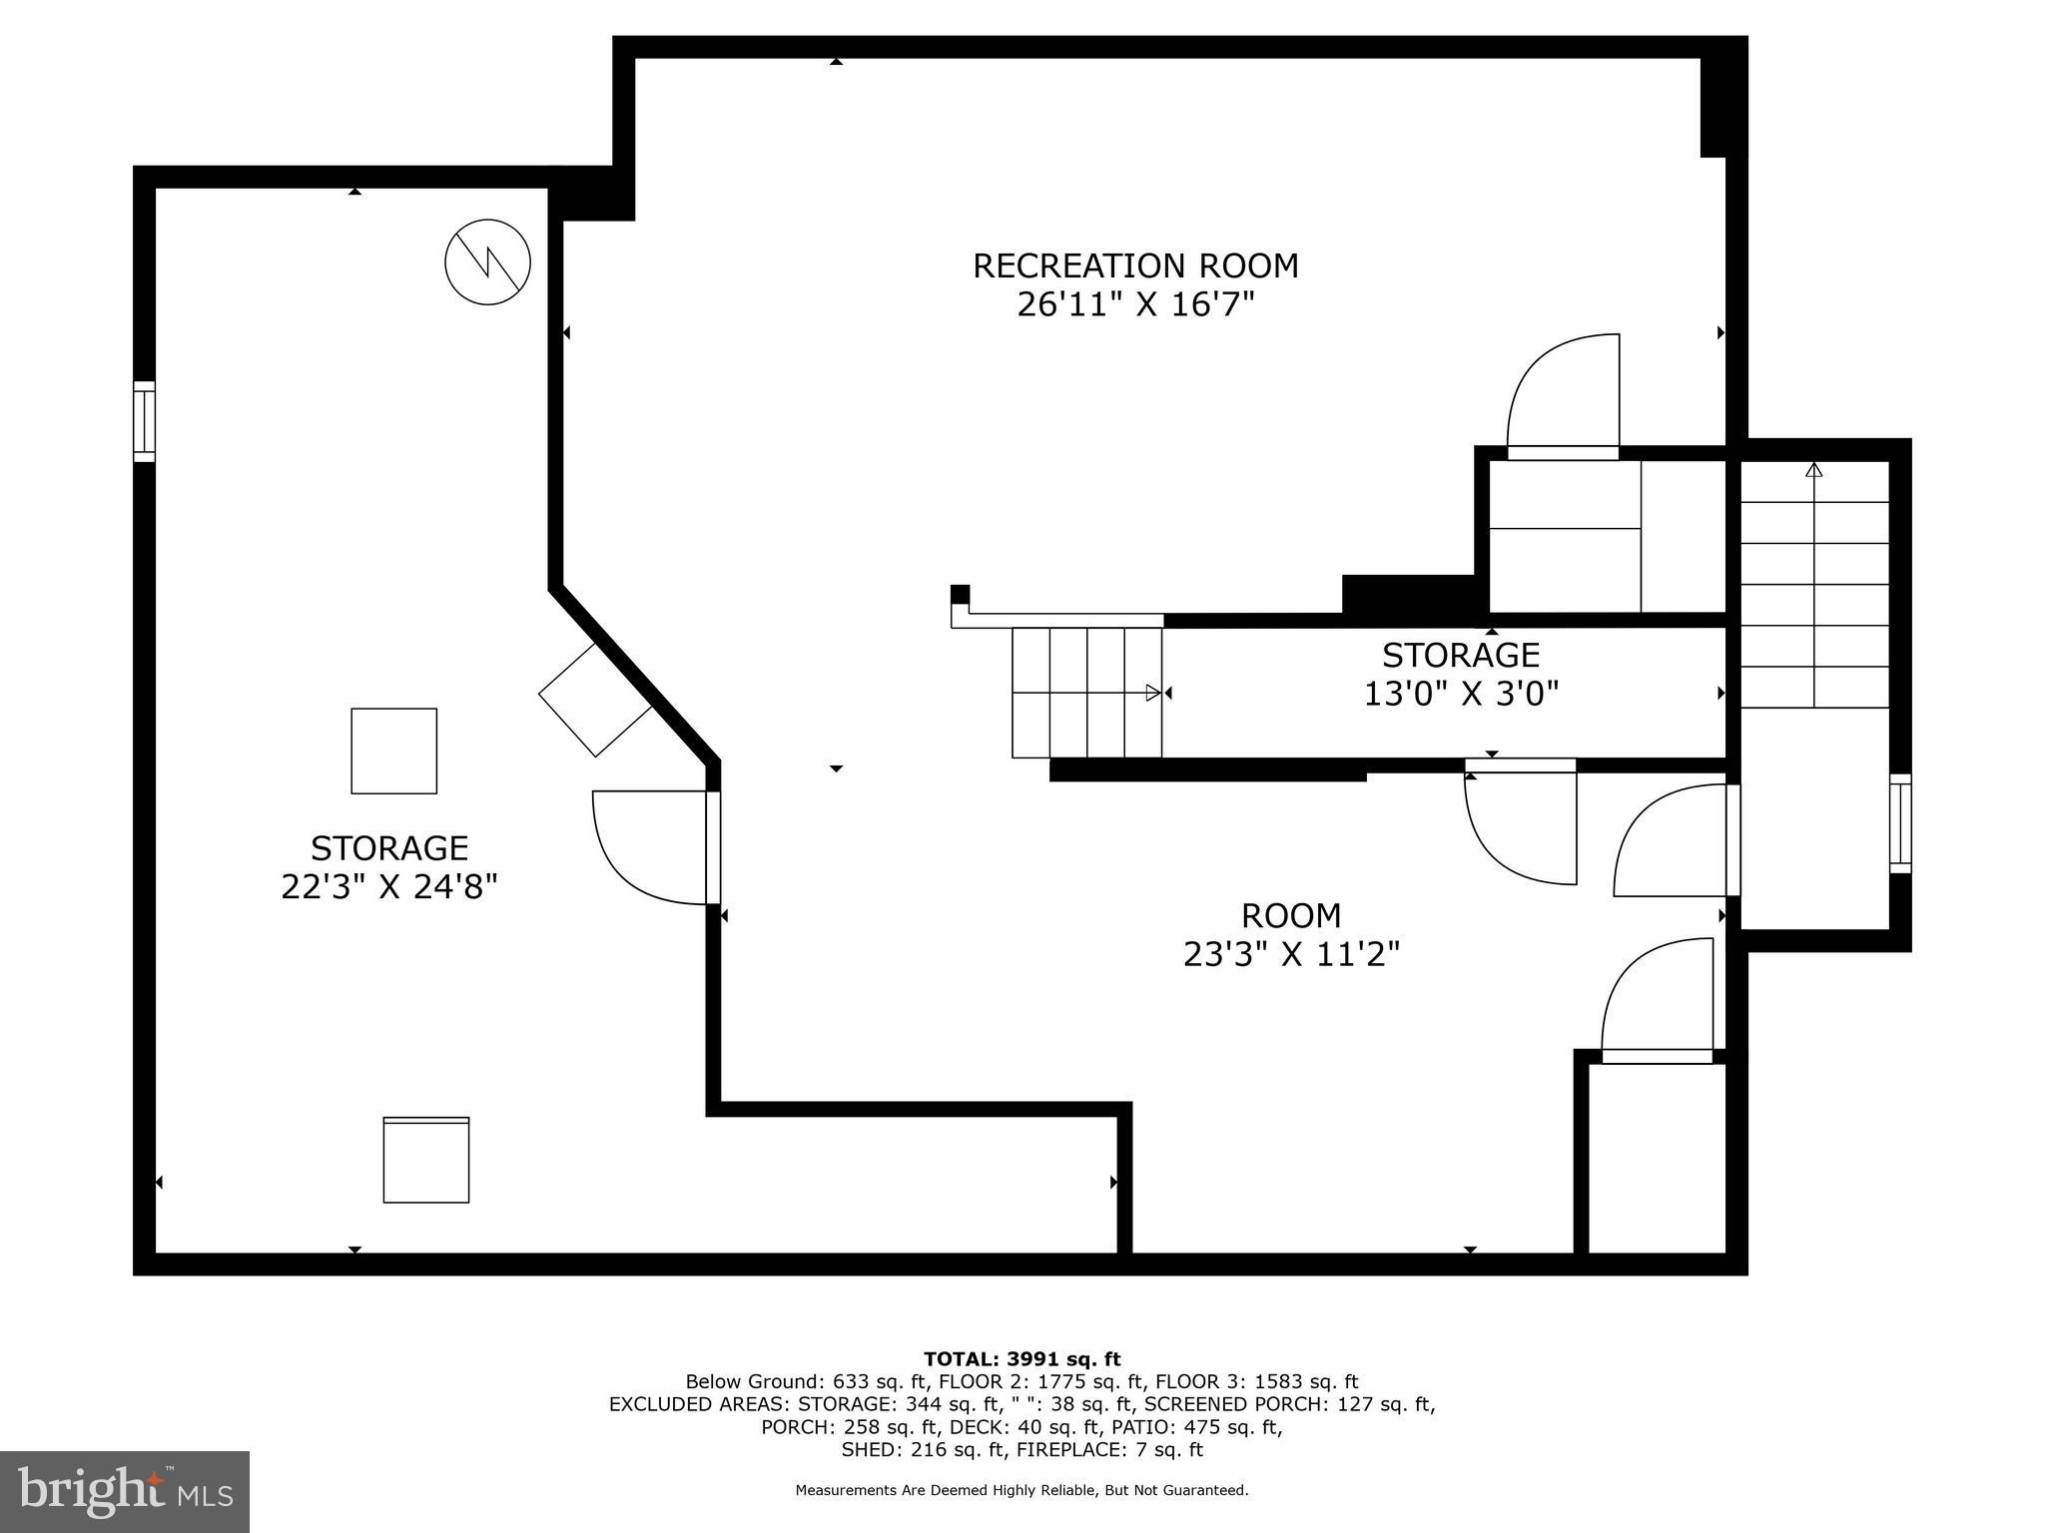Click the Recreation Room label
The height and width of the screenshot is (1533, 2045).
(1135, 265)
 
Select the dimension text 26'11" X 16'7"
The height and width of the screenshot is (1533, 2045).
(1135, 303)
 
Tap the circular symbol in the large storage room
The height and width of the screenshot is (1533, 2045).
(487, 261)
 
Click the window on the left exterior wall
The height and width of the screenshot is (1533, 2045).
(145, 421)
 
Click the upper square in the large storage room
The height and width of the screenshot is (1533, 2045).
(393, 751)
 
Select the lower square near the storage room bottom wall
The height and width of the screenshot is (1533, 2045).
(426, 1160)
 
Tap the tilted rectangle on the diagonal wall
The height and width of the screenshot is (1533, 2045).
(595, 699)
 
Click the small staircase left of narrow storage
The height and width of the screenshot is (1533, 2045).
(1086, 692)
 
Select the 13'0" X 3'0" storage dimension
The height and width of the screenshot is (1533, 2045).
(1461, 693)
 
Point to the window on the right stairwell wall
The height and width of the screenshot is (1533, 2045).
(1899, 823)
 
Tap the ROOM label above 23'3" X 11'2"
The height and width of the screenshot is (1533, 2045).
(1291, 915)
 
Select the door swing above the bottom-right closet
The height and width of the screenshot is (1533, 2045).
(1658, 998)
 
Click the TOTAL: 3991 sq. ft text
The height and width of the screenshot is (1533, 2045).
(1022, 1358)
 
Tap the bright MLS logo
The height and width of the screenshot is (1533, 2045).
(125, 1492)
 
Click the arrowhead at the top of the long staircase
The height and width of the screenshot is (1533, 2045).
(1814, 469)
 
